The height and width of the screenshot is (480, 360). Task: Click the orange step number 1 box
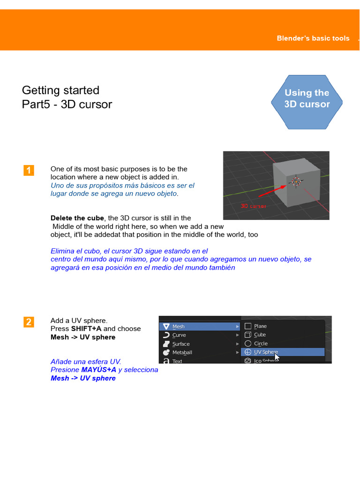tap(29, 171)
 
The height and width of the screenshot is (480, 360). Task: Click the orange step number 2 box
tap(29, 322)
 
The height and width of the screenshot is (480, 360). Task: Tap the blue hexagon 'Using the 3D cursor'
tap(307, 98)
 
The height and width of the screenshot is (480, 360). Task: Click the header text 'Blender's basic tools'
tap(313, 38)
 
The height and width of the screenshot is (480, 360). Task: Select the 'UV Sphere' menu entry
tap(266, 352)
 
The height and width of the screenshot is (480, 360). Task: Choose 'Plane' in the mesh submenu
tap(260, 326)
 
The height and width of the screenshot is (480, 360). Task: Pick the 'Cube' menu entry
tap(260, 335)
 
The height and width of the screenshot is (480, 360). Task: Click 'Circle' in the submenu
tap(261, 344)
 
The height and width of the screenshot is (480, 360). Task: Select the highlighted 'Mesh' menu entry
tap(179, 326)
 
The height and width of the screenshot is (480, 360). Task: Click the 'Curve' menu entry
tap(179, 335)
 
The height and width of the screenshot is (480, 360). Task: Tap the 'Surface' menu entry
tap(181, 344)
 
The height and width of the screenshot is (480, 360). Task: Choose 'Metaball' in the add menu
tap(182, 352)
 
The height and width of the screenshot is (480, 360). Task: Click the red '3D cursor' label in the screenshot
tap(253, 206)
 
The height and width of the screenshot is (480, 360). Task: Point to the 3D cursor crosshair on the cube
tap(296, 181)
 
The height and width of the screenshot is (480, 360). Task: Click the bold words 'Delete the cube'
tap(78, 218)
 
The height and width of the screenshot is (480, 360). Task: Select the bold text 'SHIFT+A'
tap(86, 329)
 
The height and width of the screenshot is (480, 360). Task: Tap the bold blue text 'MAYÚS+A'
tap(98, 370)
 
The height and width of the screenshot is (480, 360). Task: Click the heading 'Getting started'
tap(60, 90)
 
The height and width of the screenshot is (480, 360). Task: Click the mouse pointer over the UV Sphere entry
tap(277, 357)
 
